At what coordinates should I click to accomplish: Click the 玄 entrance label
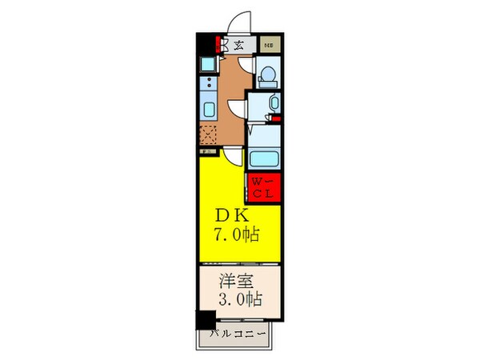[239, 45]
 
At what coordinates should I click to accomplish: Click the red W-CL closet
[262, 188]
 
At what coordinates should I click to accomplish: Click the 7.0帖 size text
[236, 235]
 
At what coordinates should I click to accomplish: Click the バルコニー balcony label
[238, 334]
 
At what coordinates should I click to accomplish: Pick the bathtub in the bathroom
[262, 155]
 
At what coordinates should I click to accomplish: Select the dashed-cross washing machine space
[208, 135]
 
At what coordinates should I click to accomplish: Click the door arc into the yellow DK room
[232, 158]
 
